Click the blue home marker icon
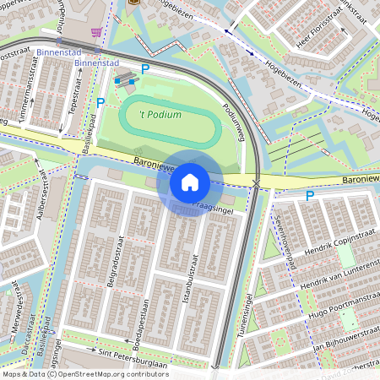click(190, 182)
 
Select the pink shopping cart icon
click(97, 32)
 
